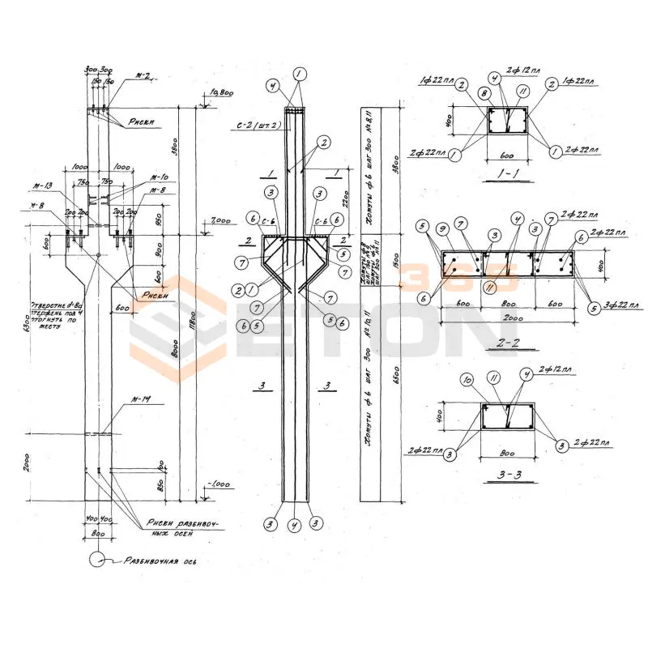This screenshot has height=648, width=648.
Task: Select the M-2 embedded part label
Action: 143,75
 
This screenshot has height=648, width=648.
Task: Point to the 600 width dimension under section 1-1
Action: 507,154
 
